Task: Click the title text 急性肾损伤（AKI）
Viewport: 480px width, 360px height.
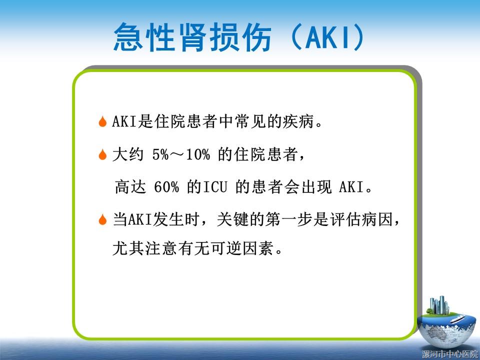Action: click(x=239, y=37)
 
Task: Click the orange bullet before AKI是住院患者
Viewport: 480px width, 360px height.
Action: click(x=102, y=121)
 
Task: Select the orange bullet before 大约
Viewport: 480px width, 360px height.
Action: click(x=102, y=154)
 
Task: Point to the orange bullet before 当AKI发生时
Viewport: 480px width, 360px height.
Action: click(x=102, y=219)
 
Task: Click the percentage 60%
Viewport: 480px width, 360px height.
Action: click(x=166, y=186)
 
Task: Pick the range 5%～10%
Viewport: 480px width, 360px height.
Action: click(x=181, y=154)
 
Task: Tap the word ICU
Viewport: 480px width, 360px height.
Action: click(x=215, y=186)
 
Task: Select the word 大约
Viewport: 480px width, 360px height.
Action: click(x=128, y=154)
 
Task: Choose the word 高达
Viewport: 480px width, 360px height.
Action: click(x=130, y=186)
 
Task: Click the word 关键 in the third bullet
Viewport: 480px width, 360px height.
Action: click(x=232, y=219)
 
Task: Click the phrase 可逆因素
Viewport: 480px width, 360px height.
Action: click(x=242, y=248)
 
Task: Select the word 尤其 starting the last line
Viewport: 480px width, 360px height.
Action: click(x=128, y=248)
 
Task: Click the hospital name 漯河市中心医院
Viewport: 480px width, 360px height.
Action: click(x=450, y=354)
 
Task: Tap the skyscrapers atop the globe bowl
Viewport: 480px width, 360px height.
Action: click(x=439, y=305)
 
